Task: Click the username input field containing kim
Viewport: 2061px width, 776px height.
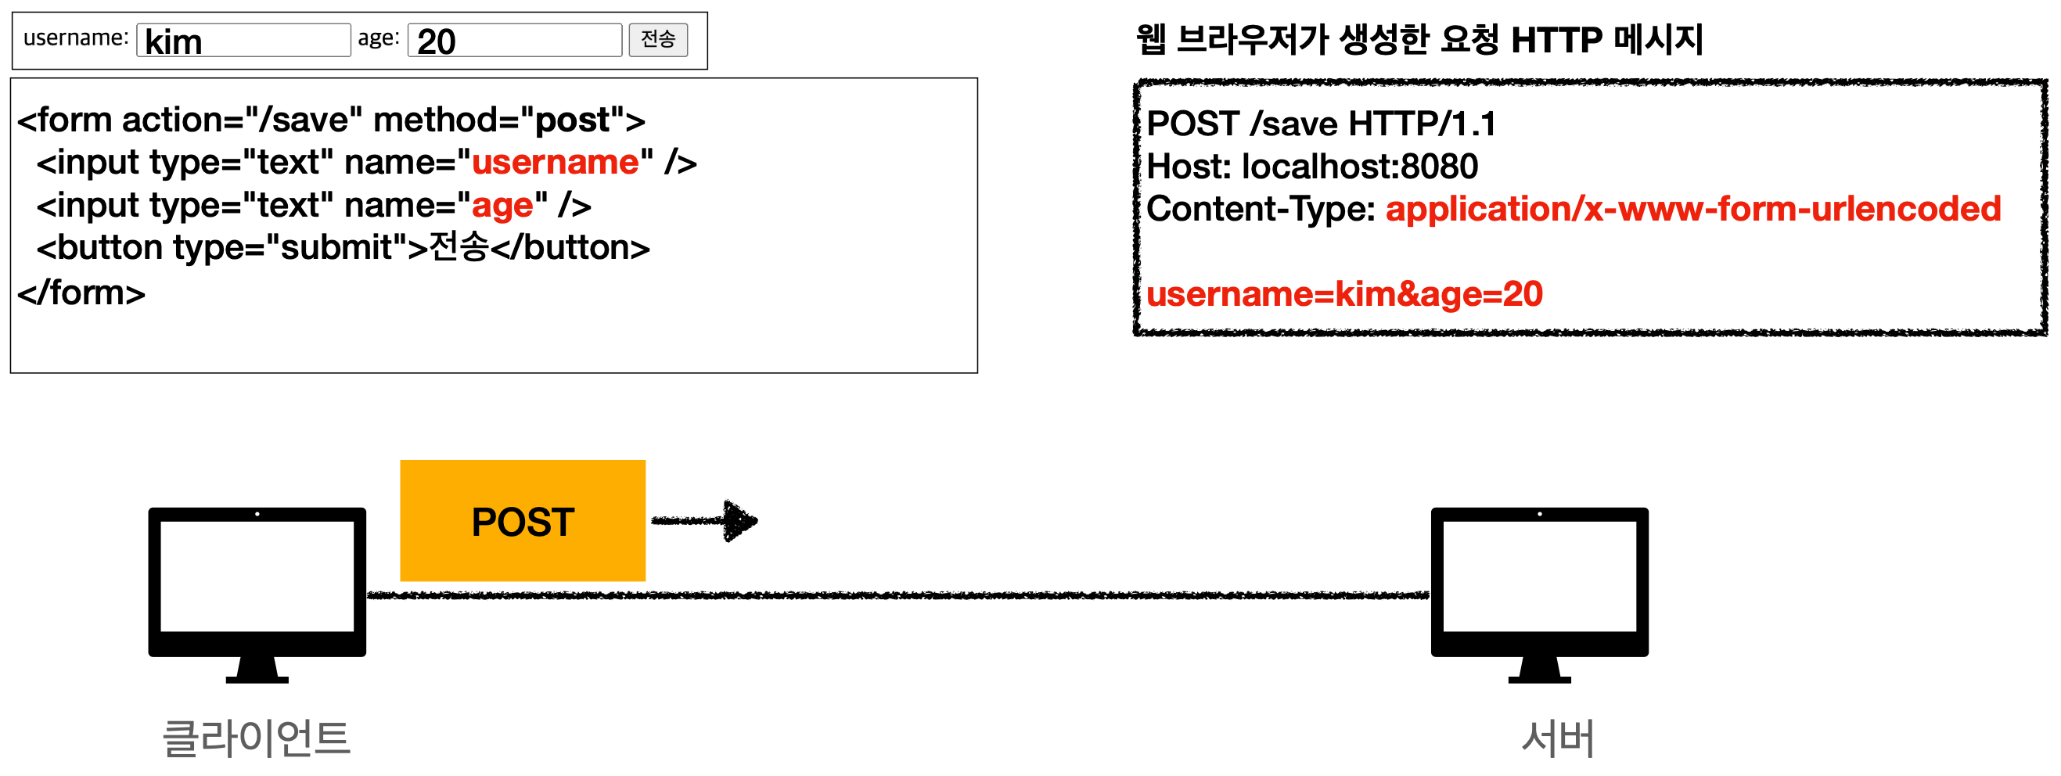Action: pos(243,40)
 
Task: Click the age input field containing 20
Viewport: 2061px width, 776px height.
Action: pos(514,40)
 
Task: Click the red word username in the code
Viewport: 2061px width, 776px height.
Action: pos(556,163)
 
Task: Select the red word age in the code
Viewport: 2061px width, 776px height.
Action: pos(502,206)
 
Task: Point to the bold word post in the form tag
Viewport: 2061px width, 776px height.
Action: pos(572,120)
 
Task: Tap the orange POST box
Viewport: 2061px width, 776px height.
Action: pos(523,521)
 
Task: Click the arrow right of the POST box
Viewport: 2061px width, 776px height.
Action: pos(704,521)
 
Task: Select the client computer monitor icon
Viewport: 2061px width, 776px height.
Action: pos(257,592)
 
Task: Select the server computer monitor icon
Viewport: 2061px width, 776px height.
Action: pos(1538,592)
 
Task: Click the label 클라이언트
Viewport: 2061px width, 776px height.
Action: pos(256,738)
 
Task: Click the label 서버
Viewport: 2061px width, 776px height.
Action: pos(1557,738)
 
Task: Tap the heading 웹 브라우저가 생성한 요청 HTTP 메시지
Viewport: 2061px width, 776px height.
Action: pos(1419,40)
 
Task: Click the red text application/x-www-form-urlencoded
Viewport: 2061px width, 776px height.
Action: pos(1693,209)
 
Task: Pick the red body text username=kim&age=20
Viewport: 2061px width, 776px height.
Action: pos(1344,294)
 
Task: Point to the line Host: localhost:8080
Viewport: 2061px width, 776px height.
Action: pos(1312,167)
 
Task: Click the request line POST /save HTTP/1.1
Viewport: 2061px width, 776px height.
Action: pos(1321,124)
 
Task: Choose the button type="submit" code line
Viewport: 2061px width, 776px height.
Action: pos(343,248)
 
